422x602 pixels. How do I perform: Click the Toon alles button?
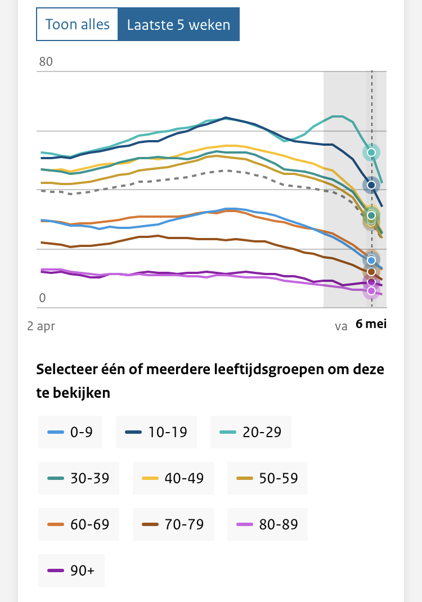tap(77, 25)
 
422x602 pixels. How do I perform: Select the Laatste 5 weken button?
tap(178, 25)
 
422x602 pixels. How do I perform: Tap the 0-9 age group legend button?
tap(70, 432)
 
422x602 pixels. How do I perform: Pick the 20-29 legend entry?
tap(250, 432)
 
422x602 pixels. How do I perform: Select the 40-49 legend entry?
tap(172, 478)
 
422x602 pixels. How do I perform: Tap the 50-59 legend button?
tap(267, 478)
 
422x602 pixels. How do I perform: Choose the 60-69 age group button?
tap(78, 524)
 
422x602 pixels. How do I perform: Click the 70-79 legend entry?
tap(172, 524)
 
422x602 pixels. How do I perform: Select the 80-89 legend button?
tap(267, 524)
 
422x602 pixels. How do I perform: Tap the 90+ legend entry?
tap(71, 570)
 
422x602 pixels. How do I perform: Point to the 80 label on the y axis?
tap(46, 62)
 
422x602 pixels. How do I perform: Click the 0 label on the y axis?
tap(42, 298)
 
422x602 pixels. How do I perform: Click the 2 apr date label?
tap(41, 325)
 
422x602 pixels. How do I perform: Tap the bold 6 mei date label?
tap(371, 324)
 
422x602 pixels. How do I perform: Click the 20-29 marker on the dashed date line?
tap(371, 152)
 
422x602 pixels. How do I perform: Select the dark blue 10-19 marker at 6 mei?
tap(371, 185)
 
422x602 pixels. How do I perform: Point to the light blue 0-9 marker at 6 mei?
tap(371, 260)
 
